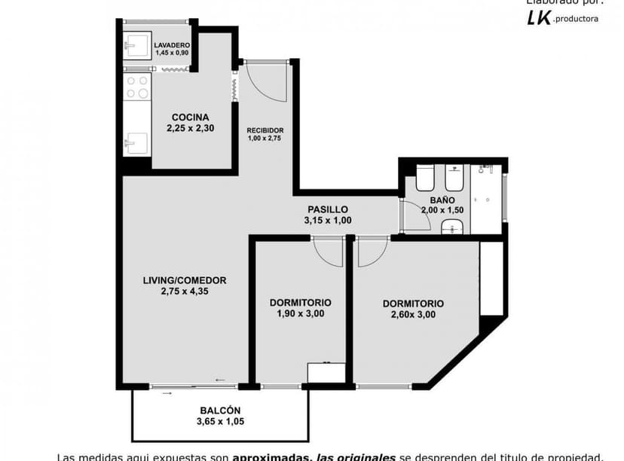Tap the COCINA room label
190,117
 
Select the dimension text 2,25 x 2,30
190,128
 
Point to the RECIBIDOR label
265,130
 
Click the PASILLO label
328,209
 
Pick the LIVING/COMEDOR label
185,280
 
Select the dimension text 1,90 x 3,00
300,314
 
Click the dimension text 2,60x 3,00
413,315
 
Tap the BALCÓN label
220,411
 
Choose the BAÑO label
442,200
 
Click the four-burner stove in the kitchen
137,87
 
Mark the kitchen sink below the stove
137,142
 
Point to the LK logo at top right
540,18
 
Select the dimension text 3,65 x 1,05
220,422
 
